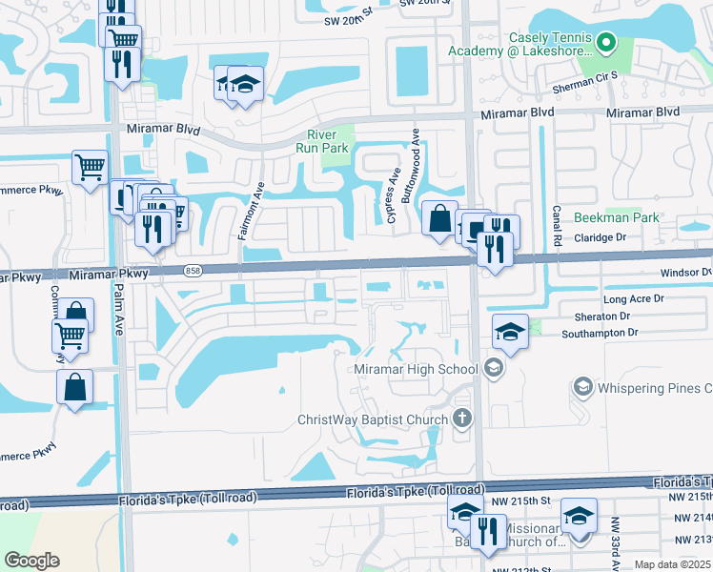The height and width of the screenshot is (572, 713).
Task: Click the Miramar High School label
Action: point(416,369)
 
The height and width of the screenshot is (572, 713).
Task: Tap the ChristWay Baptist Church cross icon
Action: point(462,419)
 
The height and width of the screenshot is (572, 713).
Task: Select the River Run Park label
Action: point(327,141)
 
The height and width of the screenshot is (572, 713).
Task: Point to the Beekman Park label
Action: point(617,217)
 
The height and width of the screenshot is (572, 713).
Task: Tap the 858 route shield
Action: point(194,272)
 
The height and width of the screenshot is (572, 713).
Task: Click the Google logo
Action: point(31,561)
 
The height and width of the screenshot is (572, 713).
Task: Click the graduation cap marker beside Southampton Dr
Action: point(510,333)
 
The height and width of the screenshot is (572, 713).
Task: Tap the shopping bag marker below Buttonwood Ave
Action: point(438,219)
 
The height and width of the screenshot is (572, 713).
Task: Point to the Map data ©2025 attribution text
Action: point(672,564)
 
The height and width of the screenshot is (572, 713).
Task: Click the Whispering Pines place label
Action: point(653,388)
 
